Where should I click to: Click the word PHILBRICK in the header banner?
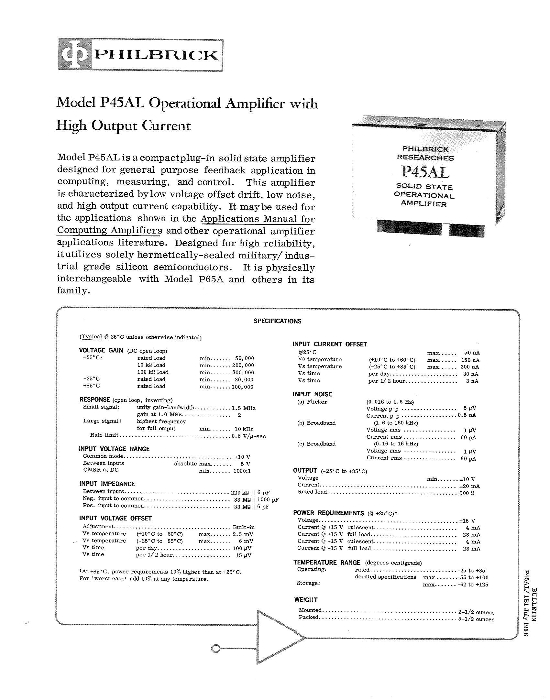[156, 56]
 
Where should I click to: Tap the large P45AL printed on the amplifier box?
[425, 172]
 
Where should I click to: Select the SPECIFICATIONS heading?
[277, 321]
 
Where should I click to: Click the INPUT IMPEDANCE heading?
[107, 484]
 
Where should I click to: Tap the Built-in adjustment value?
[243, 527]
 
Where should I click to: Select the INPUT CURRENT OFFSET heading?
[330, 344]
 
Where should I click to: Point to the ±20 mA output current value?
[468, 486]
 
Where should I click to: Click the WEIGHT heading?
[306, 599]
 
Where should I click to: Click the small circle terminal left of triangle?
[215, 649]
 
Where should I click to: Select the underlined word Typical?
[92, 337]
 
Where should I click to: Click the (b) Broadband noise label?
[316, 423]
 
